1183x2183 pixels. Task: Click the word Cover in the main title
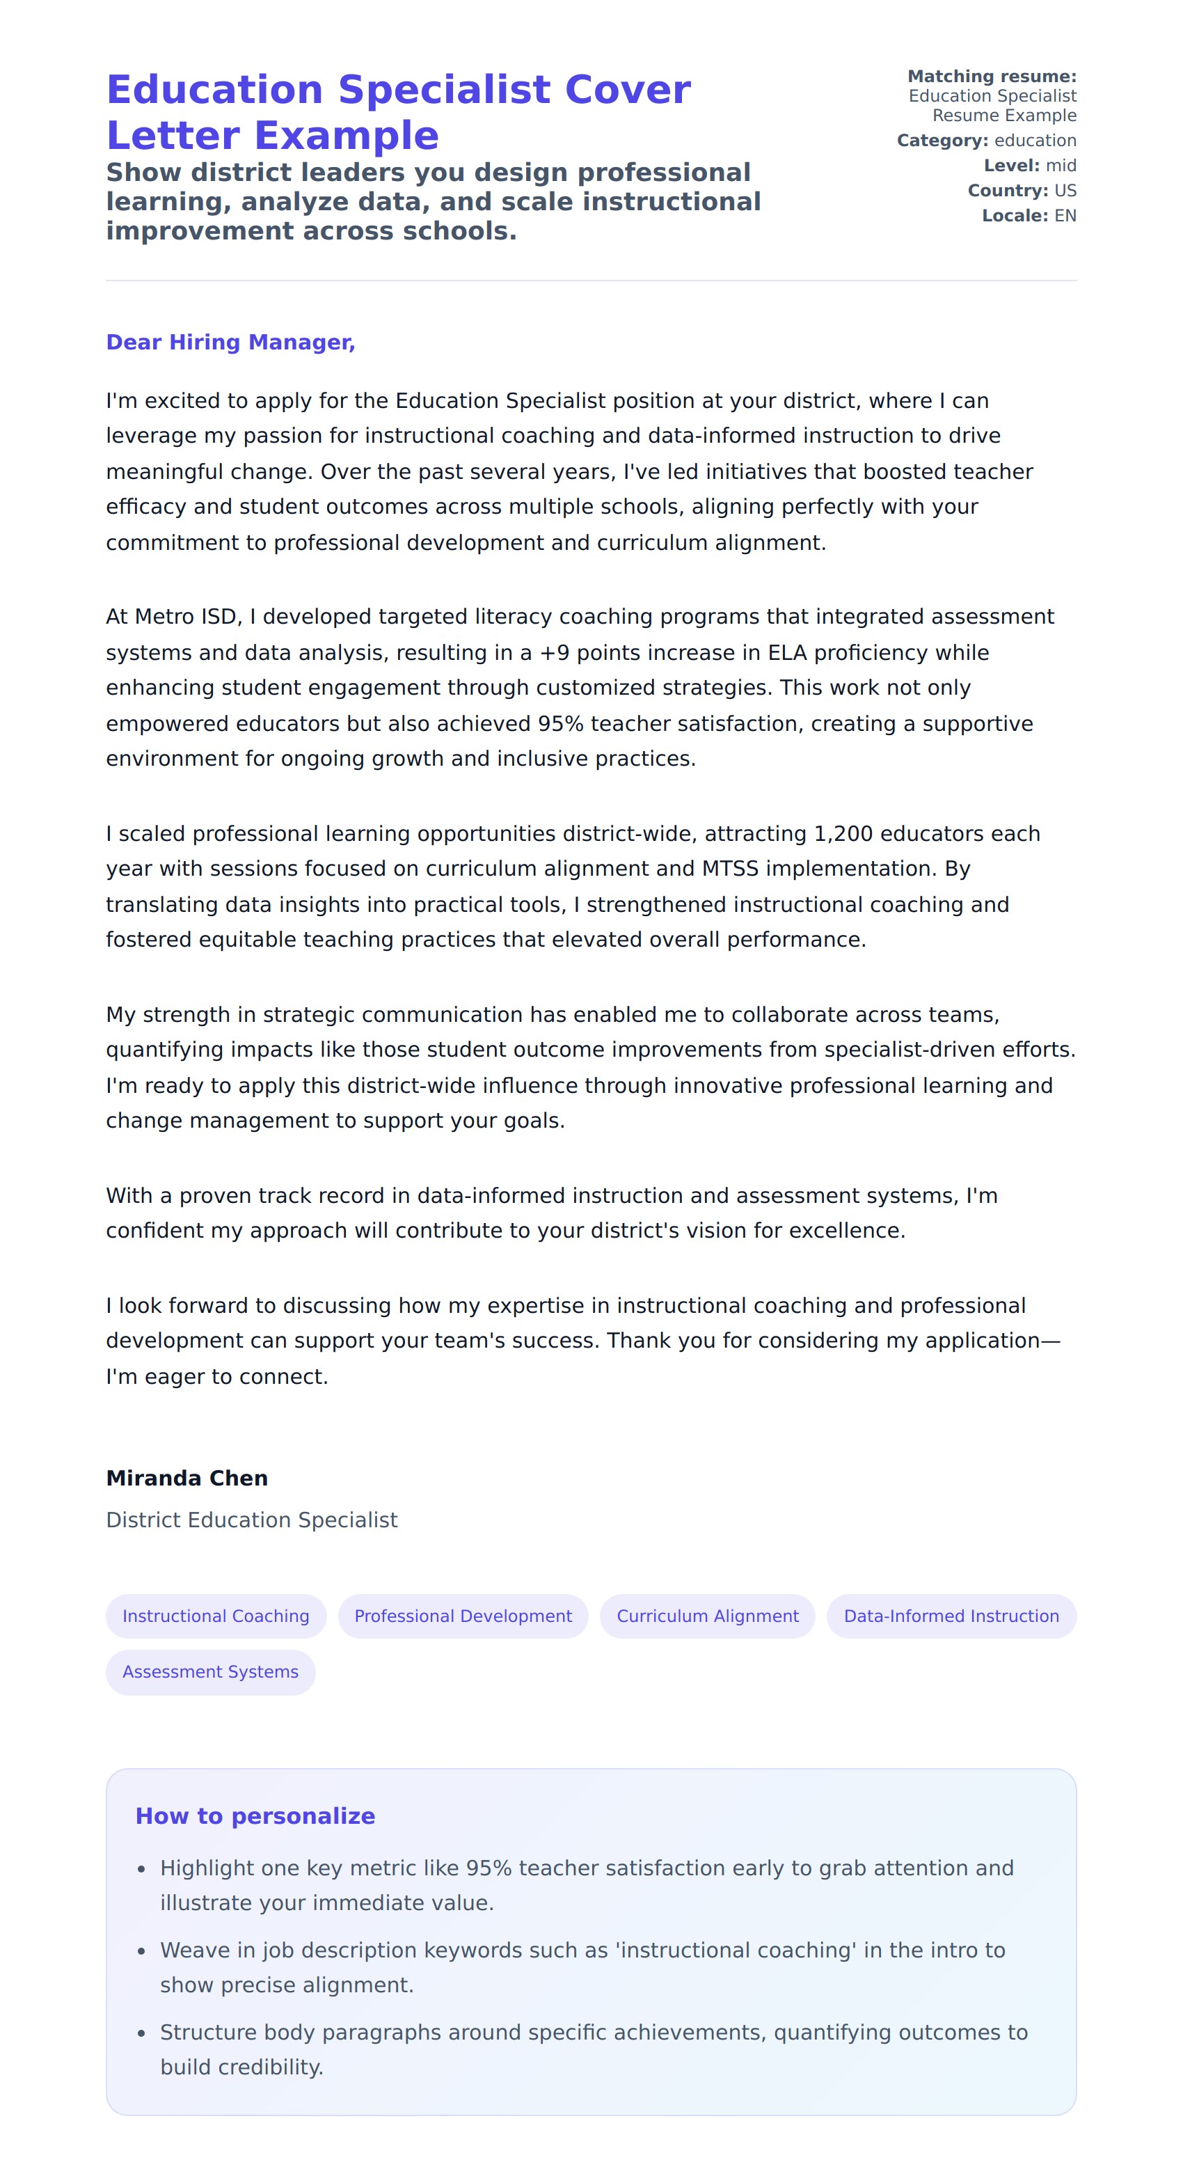627,90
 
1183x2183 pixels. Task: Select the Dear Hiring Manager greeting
230,342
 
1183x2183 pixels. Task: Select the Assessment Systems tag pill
210,1671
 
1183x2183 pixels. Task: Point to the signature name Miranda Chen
186,1478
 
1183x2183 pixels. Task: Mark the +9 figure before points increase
554,652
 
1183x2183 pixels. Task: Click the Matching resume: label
992,77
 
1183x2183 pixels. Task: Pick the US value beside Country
1065,191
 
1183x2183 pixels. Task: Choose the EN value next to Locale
1065,216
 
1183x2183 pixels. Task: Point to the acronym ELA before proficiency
786,652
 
